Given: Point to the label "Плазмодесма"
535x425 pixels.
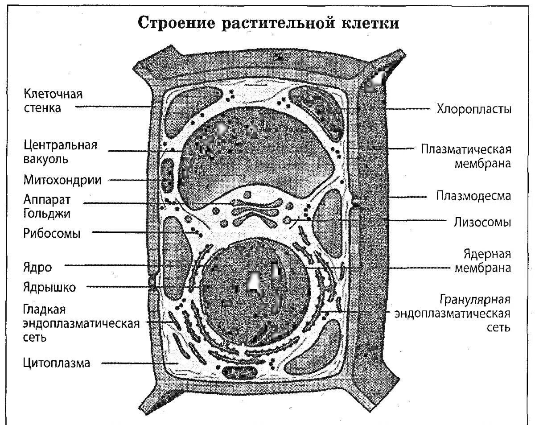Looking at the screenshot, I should [x=473, y=196].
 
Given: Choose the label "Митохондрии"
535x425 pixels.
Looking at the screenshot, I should [x=62, y=180].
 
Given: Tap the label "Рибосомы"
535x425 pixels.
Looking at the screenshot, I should [x=52, y=233].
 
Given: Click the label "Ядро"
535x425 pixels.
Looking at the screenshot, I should [x=37, y=268].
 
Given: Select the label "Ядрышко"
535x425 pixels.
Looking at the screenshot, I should [x=49, y=287].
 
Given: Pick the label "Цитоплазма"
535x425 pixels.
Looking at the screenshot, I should [x=57, y=363].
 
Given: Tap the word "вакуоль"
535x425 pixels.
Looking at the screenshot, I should [x=46, y=158].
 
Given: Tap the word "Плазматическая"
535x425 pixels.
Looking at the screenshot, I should [x=466, y=149].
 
